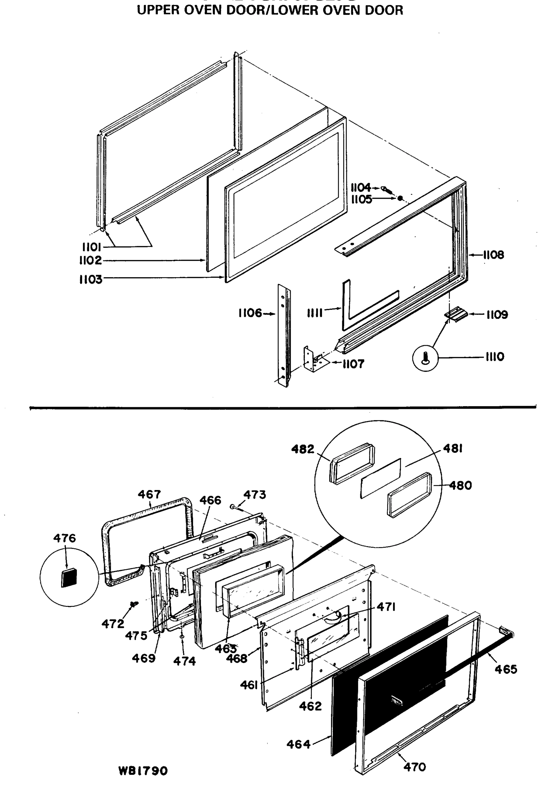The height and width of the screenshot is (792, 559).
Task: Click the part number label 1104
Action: tap(360, 188)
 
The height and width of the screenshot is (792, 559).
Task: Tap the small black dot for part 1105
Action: tap(400, 198)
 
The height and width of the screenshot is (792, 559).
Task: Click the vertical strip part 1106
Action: tap(284, 335)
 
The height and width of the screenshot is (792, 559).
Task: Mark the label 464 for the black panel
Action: tap(298, 744)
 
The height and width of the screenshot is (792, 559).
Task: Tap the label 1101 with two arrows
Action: tap(91, 247)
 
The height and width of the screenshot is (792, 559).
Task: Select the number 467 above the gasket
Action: tap(149, 494)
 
